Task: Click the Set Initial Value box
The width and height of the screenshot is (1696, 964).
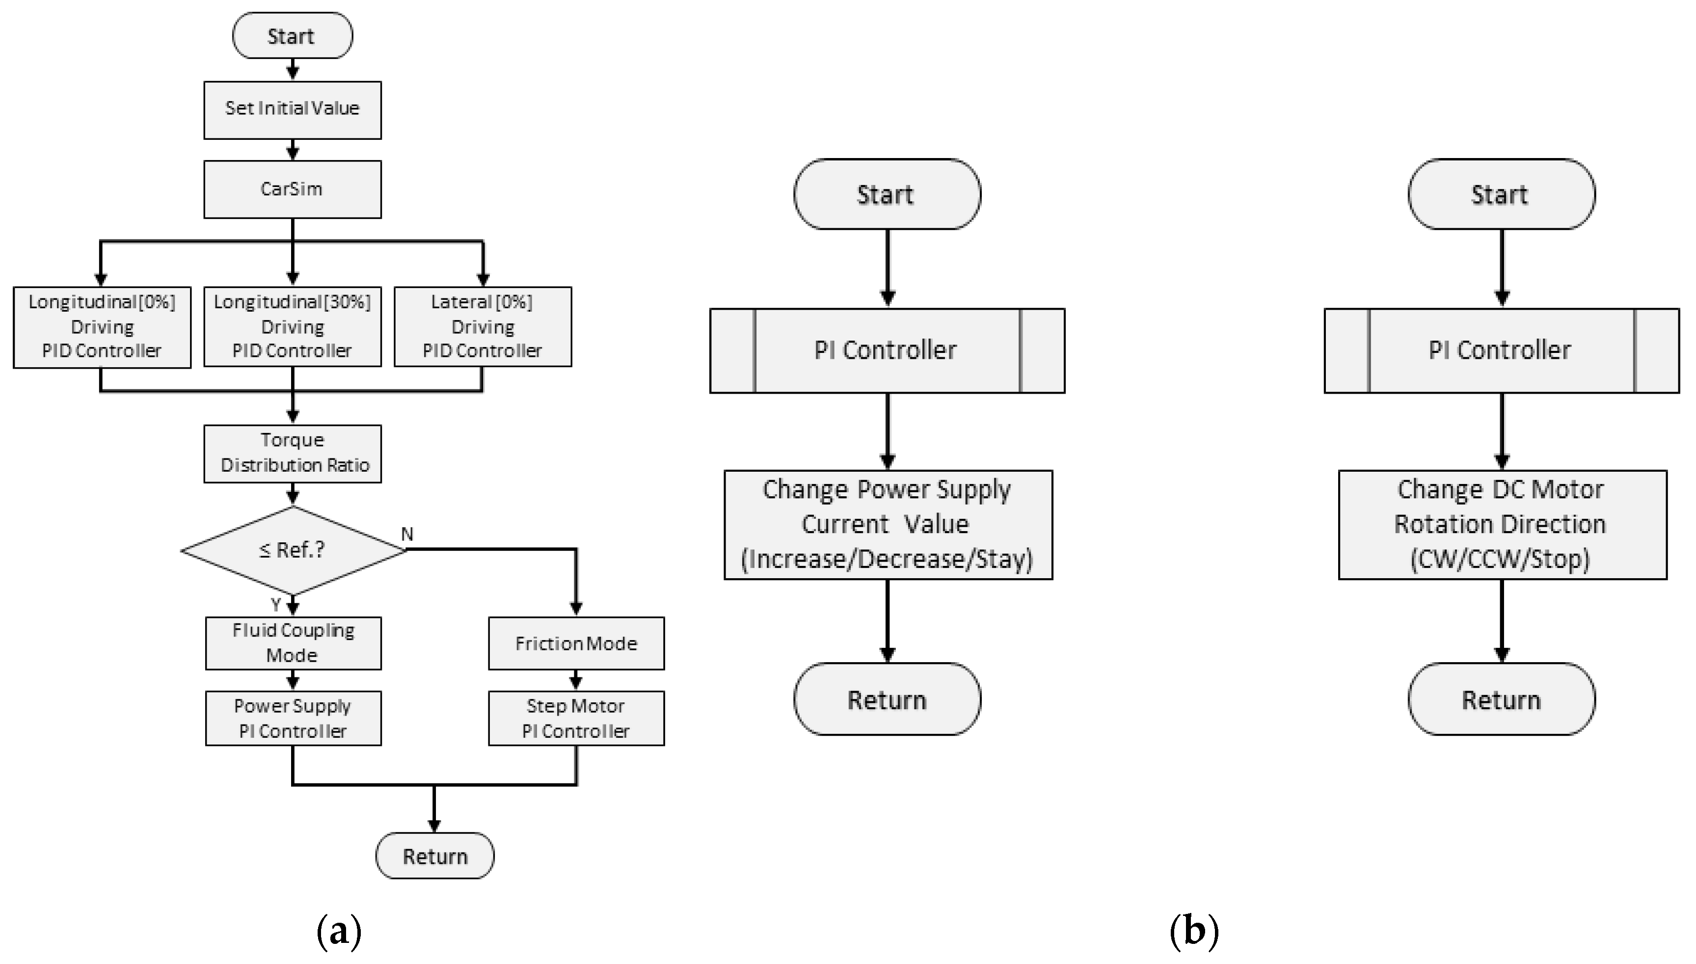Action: [292, 110]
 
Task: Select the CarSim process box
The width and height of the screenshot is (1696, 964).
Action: [292, 189]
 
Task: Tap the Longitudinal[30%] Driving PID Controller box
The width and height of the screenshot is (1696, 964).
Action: [292, 326]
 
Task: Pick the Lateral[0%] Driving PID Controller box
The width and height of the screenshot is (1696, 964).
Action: [483, 326]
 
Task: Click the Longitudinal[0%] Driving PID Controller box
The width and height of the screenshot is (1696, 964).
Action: [102, 326]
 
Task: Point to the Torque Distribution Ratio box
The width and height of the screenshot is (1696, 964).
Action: [292, 454]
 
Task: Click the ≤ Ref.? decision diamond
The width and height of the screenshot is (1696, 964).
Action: [292, 550]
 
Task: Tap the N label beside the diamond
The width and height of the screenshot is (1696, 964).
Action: [407, 534]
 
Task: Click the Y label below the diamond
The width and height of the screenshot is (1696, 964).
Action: [276, 604]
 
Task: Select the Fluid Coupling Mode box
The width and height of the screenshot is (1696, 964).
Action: [293, 643]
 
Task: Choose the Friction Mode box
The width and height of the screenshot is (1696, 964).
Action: [576, 643]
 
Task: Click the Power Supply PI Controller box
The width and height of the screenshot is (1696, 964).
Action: [293, 719]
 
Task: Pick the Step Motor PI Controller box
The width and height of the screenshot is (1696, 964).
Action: [576, 719]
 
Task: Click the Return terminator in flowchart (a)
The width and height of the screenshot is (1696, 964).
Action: [434, 856]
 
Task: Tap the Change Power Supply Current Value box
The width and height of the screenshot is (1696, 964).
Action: [888, 524]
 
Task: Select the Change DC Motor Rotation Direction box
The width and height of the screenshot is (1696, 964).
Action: [1502, 524]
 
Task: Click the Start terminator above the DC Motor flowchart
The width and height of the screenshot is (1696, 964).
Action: [1501, 195]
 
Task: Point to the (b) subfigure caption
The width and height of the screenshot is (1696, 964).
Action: [1193, 931]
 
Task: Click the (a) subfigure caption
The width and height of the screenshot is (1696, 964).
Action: [339, 931]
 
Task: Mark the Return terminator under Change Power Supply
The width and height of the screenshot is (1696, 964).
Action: [887, 699]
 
